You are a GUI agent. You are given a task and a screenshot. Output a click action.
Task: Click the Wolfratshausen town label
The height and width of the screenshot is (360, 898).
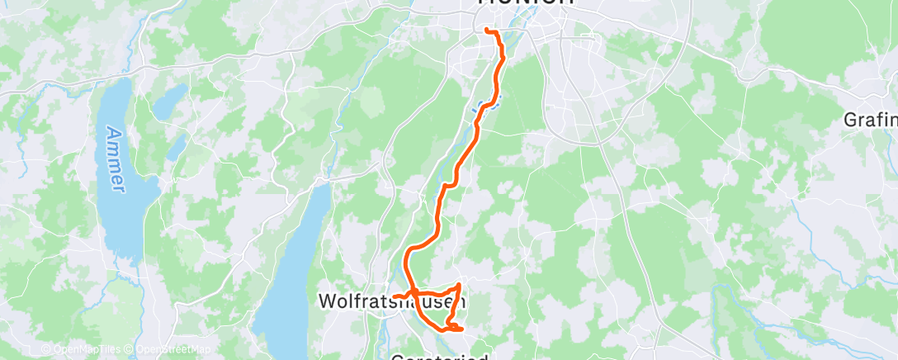click(391, 303)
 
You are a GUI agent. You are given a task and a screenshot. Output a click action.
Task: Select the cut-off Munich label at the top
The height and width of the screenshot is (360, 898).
click(525, 2)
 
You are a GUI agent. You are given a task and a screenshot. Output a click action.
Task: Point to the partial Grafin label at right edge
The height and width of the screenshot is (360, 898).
click(870, 120)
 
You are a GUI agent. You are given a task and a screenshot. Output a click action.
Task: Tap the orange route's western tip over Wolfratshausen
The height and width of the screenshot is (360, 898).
click(395, 296)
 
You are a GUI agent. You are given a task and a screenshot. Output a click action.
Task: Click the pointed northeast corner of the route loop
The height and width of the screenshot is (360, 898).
click(459, 285)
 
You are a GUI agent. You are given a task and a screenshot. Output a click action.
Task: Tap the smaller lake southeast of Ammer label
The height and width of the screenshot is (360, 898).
click(176, 147)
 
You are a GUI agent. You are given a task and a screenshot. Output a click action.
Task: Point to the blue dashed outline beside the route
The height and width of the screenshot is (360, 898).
click(486, 104)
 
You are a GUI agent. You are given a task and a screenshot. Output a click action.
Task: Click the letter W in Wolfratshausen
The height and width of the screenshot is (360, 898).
click(327, 303)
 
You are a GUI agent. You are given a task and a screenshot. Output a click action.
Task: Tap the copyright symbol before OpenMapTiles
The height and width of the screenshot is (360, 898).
click(45, 350)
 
